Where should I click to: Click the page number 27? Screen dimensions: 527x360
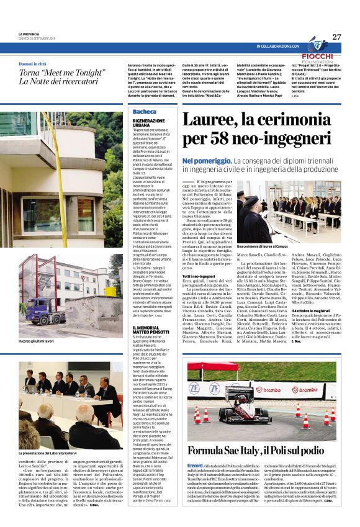[x=336, y=37]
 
